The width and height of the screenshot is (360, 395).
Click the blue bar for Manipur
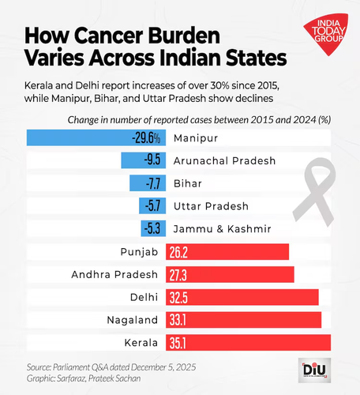96,137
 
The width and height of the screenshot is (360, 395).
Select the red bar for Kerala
248,343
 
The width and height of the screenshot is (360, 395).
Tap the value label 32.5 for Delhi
178,298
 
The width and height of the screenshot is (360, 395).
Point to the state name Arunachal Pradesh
224,160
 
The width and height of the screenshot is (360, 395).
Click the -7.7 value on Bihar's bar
153,183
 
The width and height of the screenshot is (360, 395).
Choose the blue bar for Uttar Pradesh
152,205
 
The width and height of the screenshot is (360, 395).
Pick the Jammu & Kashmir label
223,229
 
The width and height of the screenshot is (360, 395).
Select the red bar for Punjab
227,252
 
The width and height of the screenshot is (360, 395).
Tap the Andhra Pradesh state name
114,275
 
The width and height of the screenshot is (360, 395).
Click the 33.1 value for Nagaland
178,320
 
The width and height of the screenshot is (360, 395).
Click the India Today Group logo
326,34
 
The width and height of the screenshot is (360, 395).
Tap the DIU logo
314,371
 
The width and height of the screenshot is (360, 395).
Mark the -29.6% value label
146,137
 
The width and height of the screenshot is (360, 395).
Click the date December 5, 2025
163,367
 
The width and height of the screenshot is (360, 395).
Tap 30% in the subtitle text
218,85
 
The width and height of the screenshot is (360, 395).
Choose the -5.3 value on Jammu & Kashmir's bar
152,228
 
